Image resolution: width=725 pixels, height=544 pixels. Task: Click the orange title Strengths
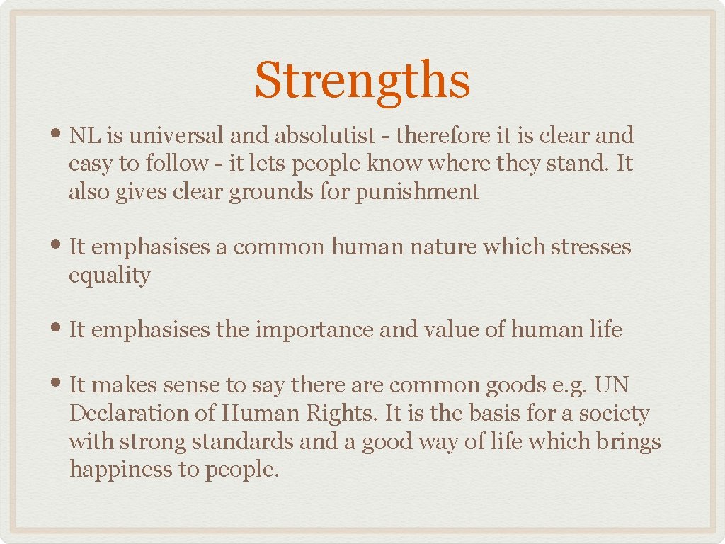(x=362, y=81)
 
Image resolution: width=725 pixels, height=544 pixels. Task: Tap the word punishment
(x=417, y=191)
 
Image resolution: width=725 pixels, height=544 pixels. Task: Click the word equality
(x=110, y=276)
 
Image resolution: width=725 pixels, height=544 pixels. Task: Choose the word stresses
(x=590, y=247)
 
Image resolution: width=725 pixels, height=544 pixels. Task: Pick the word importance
(x=316, y=330)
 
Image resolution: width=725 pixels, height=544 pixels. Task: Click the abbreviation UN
(x=612, y=385)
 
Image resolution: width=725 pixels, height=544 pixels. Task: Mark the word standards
(x=243, y=441)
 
